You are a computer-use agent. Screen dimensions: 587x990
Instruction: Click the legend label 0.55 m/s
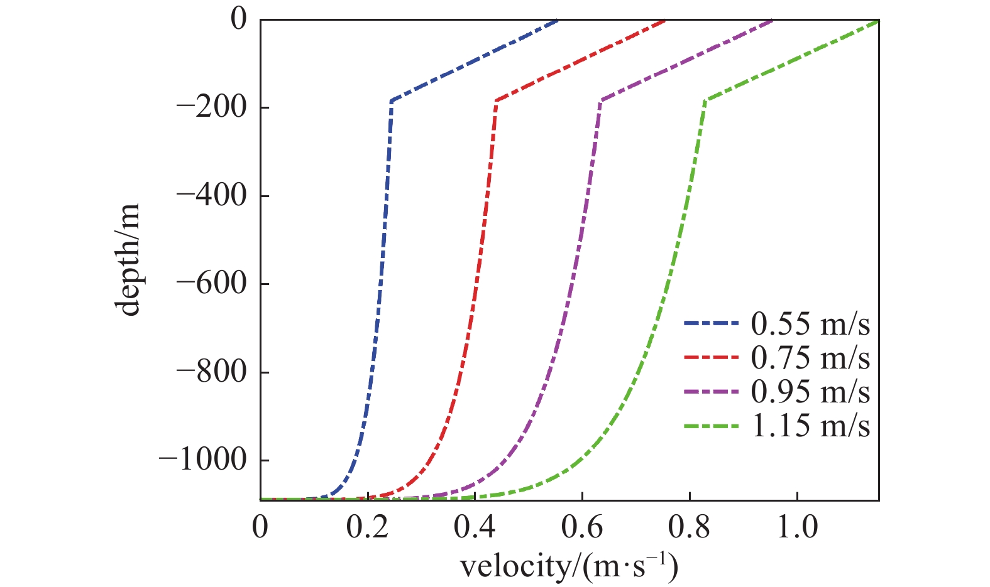(810, 324)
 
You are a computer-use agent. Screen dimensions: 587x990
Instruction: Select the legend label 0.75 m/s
(810, 358)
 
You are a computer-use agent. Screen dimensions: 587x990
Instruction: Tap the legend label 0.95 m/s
(810, 392)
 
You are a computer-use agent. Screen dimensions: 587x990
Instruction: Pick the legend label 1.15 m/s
(810, 426)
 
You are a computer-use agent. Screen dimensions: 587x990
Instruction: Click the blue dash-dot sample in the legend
(711, 324)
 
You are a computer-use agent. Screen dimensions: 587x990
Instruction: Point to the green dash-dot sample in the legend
(711, 426)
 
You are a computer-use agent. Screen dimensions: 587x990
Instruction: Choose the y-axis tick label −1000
(203, 460)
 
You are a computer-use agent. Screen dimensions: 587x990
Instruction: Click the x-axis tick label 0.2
(368, 527)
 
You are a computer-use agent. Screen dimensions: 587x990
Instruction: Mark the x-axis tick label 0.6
(583, 527)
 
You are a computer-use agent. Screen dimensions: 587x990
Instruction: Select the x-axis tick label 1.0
(797, 527)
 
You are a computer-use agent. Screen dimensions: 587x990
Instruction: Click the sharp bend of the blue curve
(392, 100)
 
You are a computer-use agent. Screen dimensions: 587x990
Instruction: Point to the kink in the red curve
(497, 100)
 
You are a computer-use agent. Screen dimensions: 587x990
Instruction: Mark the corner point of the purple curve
(601, 100)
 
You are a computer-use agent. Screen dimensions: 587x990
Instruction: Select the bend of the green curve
(706, 100)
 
